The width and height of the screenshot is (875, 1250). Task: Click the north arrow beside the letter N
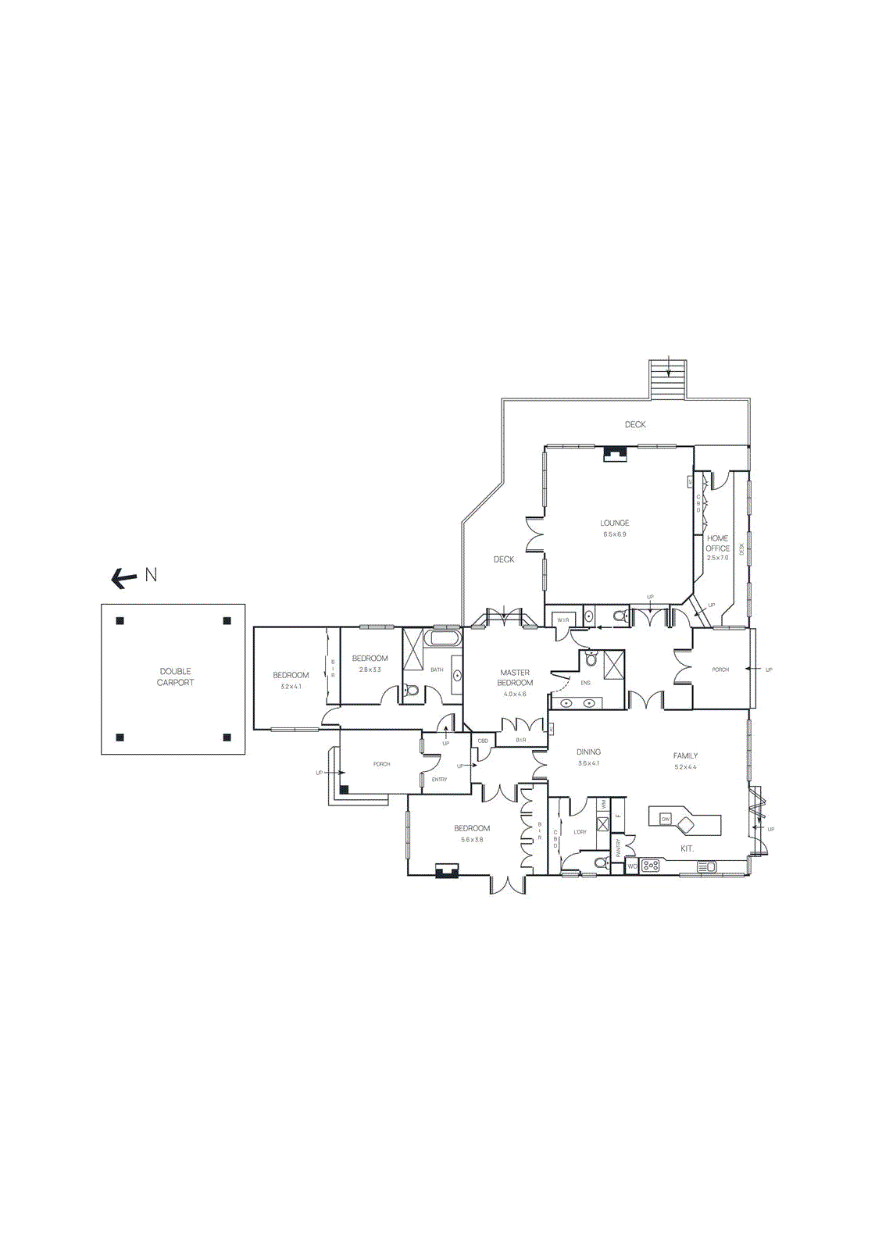[123, 578]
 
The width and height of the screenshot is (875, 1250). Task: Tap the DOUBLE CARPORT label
[175, 677]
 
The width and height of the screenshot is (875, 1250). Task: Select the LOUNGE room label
[615, 523]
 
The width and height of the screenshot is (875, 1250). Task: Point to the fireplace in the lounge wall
[614, 454]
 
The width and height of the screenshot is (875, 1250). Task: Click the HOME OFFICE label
[717, 543]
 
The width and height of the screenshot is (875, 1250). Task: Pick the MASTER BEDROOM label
[515, 677]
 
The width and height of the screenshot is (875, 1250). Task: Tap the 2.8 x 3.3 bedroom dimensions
[370, 670]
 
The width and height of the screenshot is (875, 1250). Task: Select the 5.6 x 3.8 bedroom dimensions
[472, 840]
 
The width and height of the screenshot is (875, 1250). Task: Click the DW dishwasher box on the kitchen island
[666, 819]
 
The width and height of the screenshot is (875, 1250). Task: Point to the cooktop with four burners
[651, 866]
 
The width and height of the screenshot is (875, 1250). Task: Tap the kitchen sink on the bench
[706, 866]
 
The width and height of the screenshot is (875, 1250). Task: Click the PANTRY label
[618, 848]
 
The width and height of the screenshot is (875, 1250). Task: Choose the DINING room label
[588, 752]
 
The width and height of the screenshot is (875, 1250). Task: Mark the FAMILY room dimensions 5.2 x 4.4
[685, 767]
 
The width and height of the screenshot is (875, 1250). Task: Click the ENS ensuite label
[585, 683]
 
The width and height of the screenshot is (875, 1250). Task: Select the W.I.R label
[563, 620]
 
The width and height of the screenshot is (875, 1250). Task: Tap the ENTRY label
[439, 780]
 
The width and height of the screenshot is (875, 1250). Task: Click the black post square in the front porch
[344, 789]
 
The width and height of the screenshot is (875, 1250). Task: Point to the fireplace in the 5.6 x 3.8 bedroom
[447, 871]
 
